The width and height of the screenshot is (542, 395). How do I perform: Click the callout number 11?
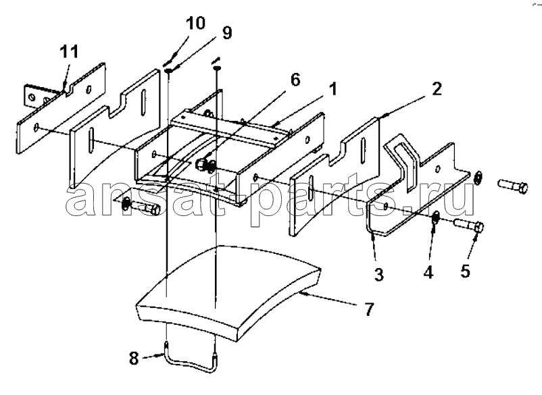click(x=69, y=51)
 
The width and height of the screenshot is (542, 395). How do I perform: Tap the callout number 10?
click(x=195, y=23)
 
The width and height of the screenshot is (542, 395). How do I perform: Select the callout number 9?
click(x=226, y=33)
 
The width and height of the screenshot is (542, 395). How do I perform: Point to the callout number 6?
click(x=295, y=80)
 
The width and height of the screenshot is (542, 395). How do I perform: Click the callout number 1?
click(x=332, y=89)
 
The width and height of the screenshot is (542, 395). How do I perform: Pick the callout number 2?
click(x=437, y=89)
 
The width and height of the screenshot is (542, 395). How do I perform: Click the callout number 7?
click(x=369, y=309)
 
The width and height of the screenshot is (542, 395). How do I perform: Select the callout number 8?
click(x=134, y=358)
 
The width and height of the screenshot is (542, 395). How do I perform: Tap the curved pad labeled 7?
click(x=228, y=294)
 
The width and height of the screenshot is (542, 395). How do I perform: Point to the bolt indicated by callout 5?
click(x=468, y=226)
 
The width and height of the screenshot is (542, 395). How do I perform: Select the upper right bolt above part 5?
click(x=513, y=186)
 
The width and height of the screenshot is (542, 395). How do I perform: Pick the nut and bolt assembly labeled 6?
click(x=205, y=165)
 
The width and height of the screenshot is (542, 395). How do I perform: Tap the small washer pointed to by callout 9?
click(x=169, y=71)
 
